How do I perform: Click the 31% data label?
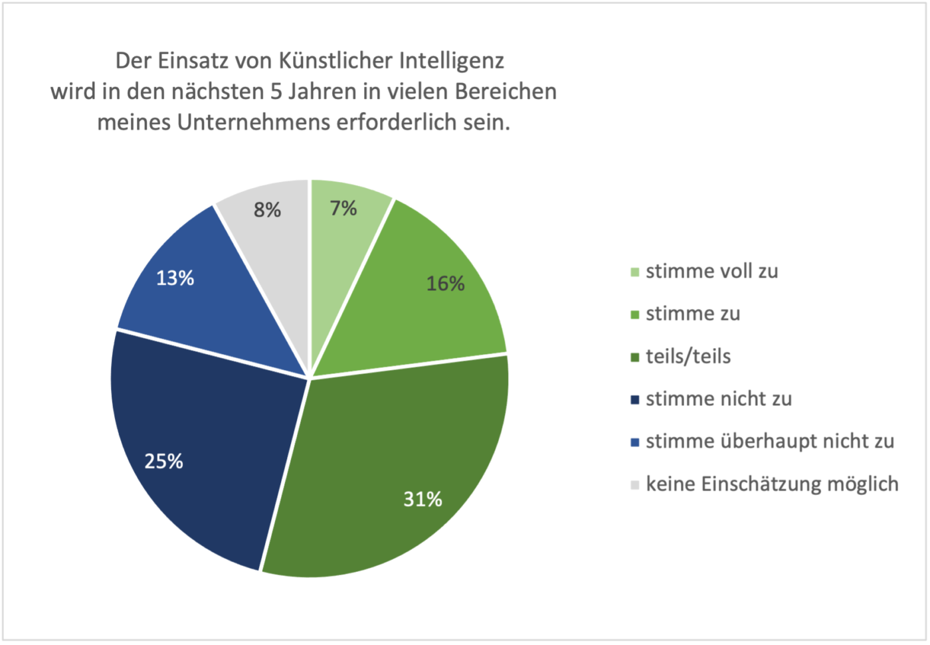(422, 499)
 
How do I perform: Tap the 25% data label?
(164, 461)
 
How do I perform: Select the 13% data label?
(175, 278)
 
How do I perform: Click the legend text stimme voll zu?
(711, 271)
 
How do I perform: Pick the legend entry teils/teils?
(688, 356)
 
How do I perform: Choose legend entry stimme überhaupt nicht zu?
(770, 441)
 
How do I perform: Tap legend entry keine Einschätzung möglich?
(772, 484)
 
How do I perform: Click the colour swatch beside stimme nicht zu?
(634, 400)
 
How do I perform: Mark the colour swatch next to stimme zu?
(634, 314)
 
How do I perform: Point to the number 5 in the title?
(276, 92)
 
